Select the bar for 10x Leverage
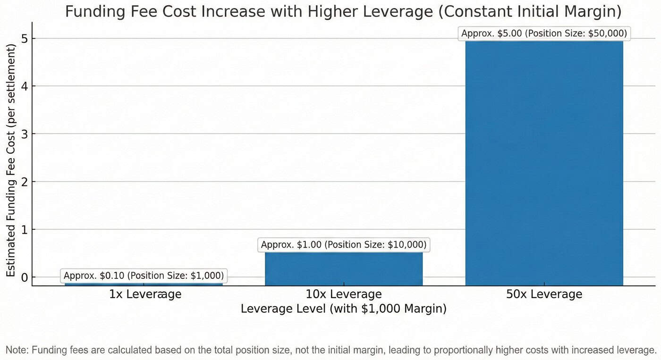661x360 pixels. pos(343,269)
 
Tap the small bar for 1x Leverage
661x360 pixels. pos(144,284)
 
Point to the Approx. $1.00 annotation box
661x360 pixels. pos(343,245)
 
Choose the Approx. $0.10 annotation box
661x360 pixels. pos(144,276)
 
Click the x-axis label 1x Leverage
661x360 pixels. pos(145,294)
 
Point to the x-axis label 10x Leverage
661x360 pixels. pos(343,294)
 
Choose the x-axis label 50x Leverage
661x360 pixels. pos(544,294)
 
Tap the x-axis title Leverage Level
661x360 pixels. pos(343,309)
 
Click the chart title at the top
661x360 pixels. pos(343,11)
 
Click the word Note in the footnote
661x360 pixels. pos(16,350)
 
